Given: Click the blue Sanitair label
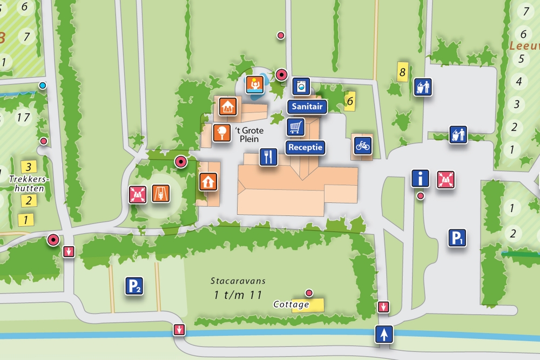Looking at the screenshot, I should [307, 106].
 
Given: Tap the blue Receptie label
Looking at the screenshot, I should [305, 147].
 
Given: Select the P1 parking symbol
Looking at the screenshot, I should [457, 237].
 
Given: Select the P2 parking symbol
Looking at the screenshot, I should [134, 286].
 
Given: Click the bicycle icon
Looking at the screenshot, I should [363, 145].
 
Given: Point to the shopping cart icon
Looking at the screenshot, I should [295, 127].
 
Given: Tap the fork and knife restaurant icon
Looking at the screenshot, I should [268, 157].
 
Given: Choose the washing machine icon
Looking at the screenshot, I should [301, 86].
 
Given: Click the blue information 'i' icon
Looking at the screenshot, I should [420, 178].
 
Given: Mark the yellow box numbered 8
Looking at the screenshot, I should [401, 71].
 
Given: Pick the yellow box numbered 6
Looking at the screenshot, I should [350, 100].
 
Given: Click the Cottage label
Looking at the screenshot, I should [292, 304].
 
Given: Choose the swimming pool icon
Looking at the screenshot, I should [254, 84].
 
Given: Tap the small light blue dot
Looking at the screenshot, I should [43, 85].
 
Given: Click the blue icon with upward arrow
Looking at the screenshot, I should [384, 334].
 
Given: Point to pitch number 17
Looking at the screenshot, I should [23, 117].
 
